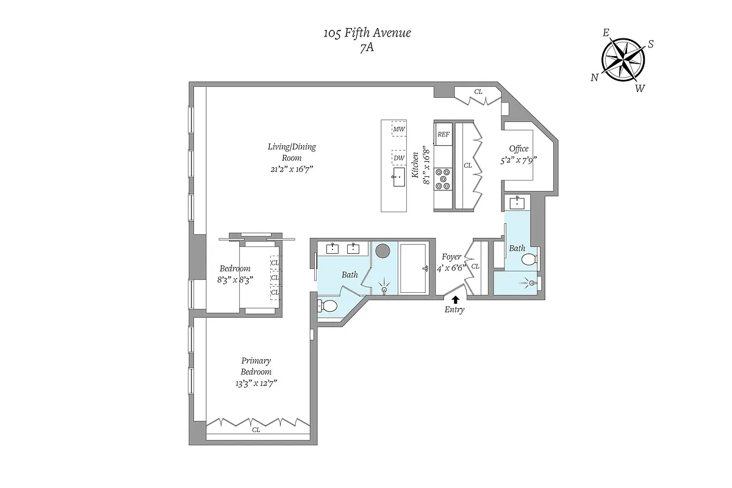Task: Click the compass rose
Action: coord(623,59)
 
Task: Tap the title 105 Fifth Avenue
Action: coord(367,33)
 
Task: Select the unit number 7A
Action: coord(367,48)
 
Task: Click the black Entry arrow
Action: coord(454,298)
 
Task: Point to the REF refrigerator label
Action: coord(443,134)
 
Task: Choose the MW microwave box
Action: coord(399,129)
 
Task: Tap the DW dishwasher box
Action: coord(399,158)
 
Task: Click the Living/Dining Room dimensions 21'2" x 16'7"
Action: coord(292,168)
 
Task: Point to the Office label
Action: coord(518,149)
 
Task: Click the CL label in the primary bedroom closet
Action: coord(256,429)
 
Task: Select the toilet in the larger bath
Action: coord(328,306)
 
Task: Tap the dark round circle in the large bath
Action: coord(383,251)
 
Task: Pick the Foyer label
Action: coord(451,257)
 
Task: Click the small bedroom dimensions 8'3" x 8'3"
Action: coord(235,279)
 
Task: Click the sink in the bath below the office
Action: coord(518,202)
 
